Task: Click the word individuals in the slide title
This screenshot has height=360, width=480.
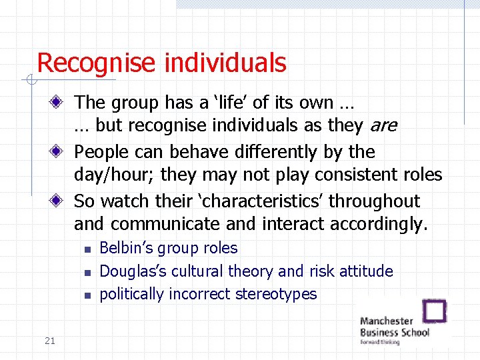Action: (225, 63)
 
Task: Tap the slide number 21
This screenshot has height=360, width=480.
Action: (49, 341)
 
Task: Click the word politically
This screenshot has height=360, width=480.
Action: (131, 294)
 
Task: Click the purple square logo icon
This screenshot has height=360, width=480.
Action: (435, 311)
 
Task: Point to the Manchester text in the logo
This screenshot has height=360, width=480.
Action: (387, 321)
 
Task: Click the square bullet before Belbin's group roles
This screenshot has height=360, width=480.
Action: (87, 249)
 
